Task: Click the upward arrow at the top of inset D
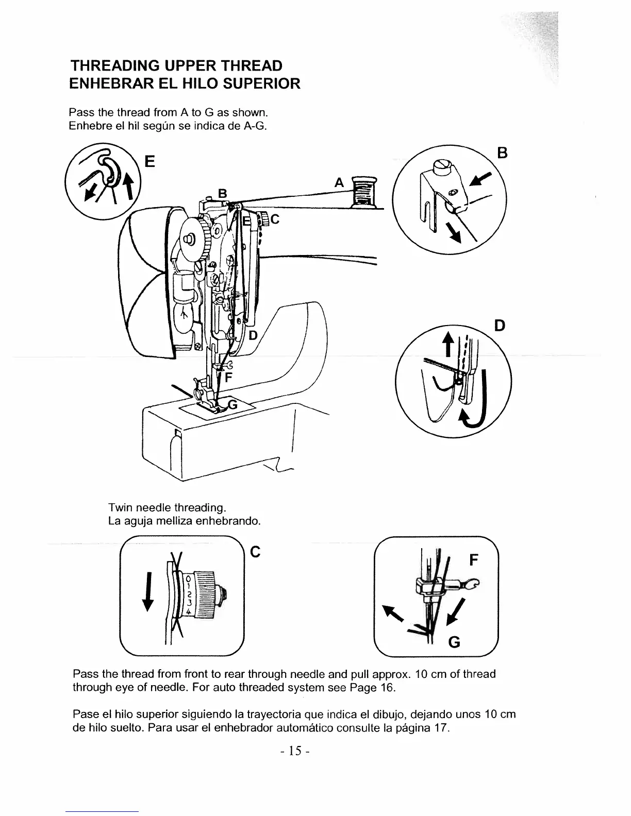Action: tap(449, 342)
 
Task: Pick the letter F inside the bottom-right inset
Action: tap(475, 560)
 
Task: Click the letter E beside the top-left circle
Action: tap(150, 162)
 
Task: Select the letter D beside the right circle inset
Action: tap(499, 326)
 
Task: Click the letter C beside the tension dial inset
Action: tap(254, 552)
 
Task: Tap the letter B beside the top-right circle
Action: tap(503, 153)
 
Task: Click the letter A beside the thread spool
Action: tap(339, 182)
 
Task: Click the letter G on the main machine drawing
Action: tap(233, 405)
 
